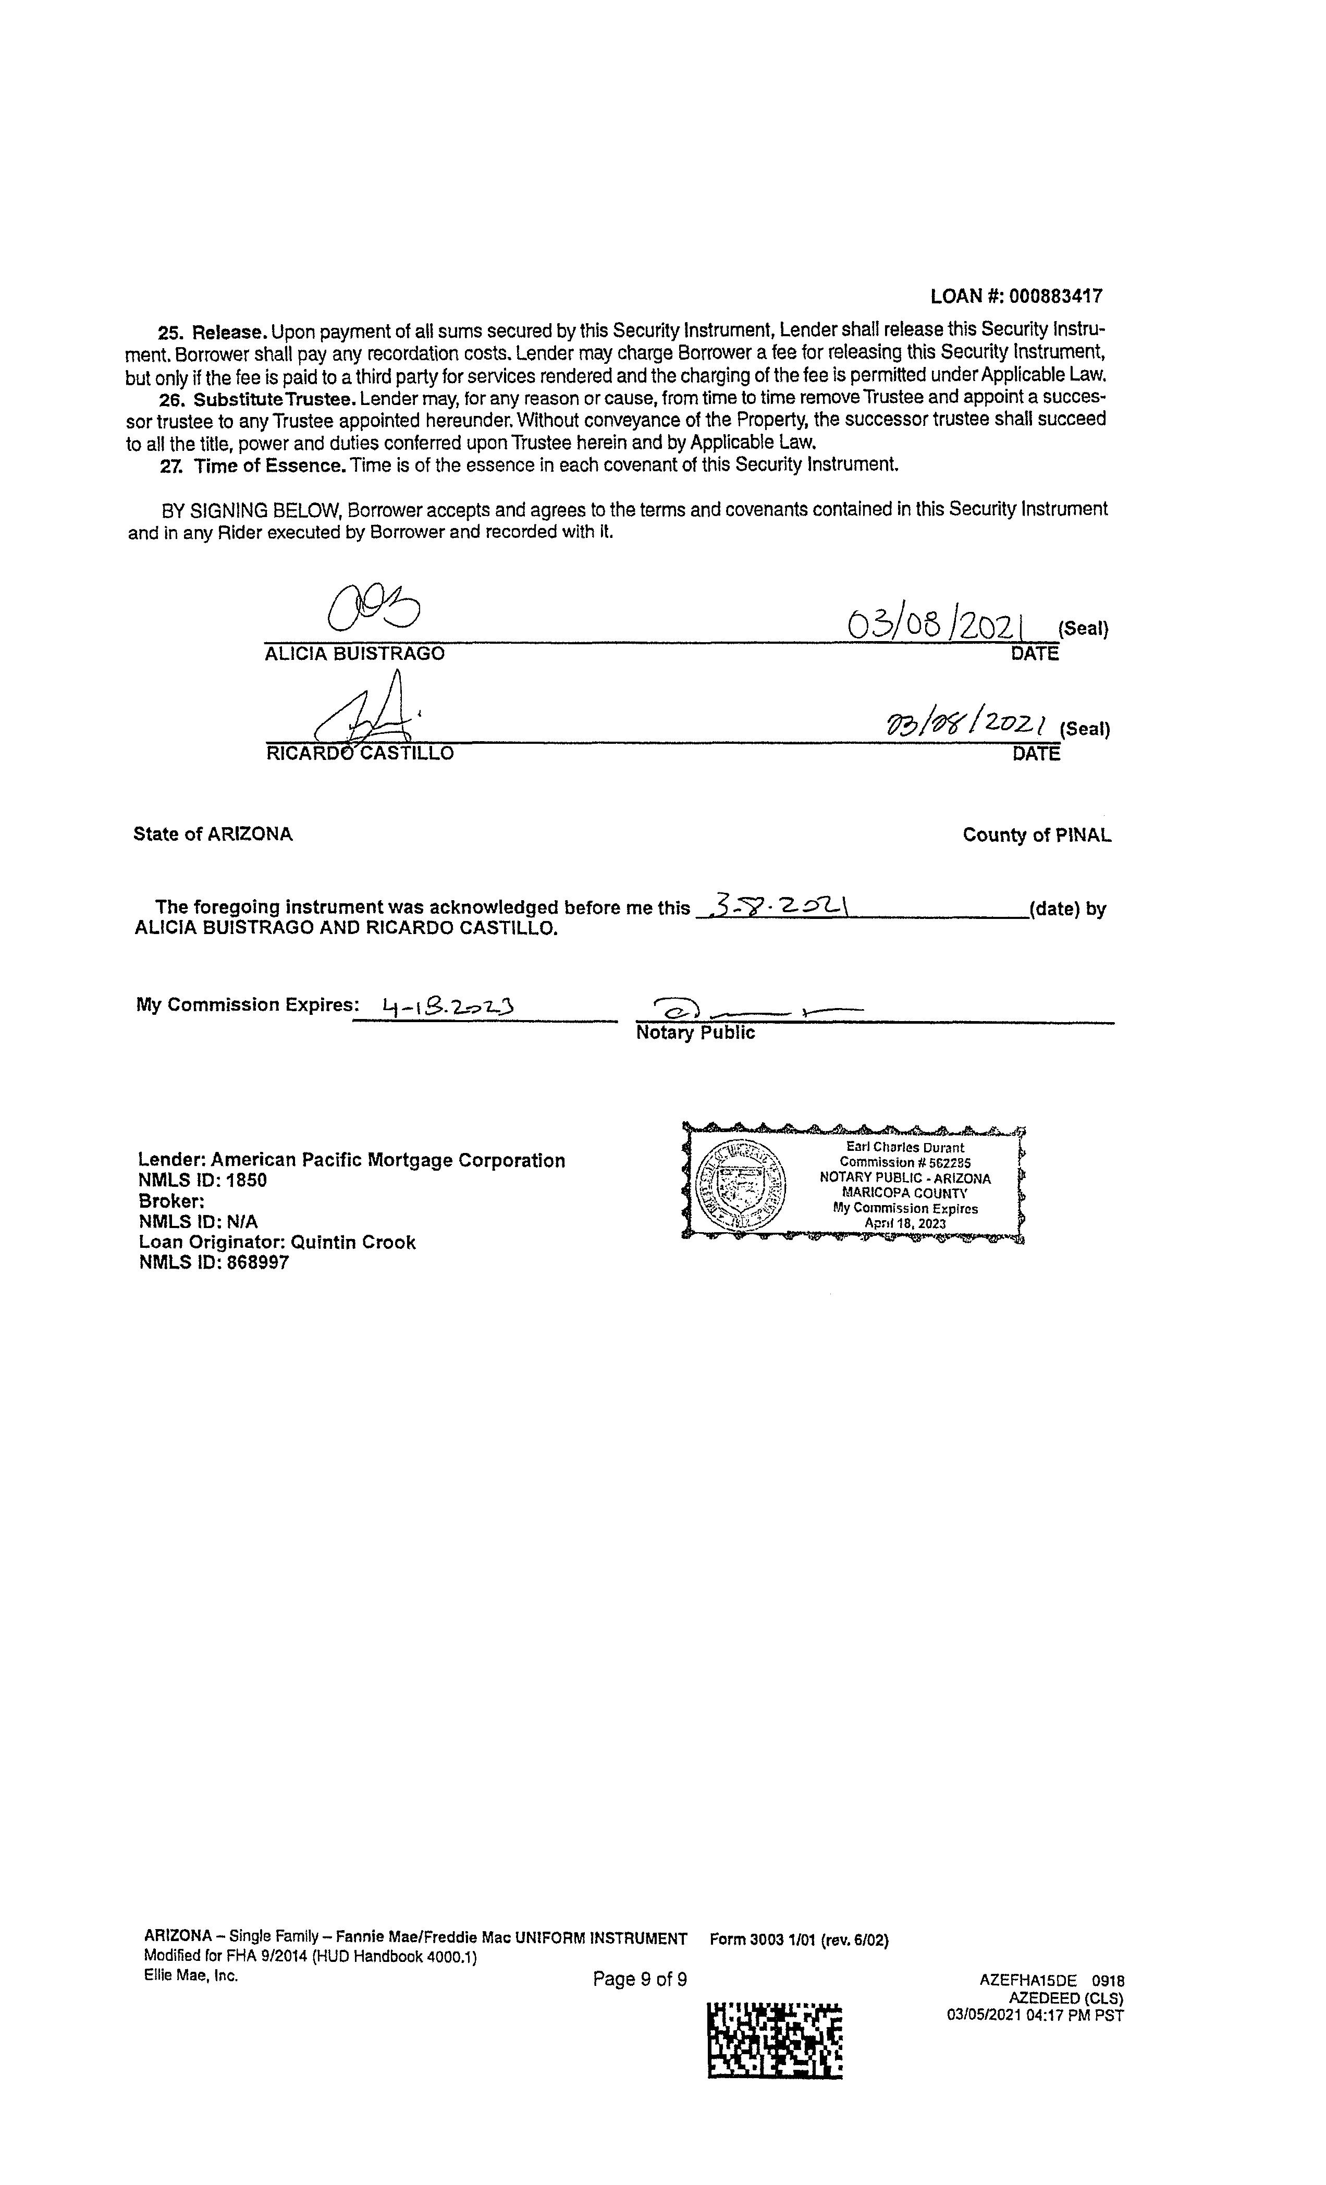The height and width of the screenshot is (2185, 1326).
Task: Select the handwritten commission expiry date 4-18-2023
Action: [x=448, y=1005]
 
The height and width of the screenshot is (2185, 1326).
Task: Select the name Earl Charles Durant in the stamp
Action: [x=905, y=1147]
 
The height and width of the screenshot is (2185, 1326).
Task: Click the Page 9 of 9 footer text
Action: [x=640, y=1979]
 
